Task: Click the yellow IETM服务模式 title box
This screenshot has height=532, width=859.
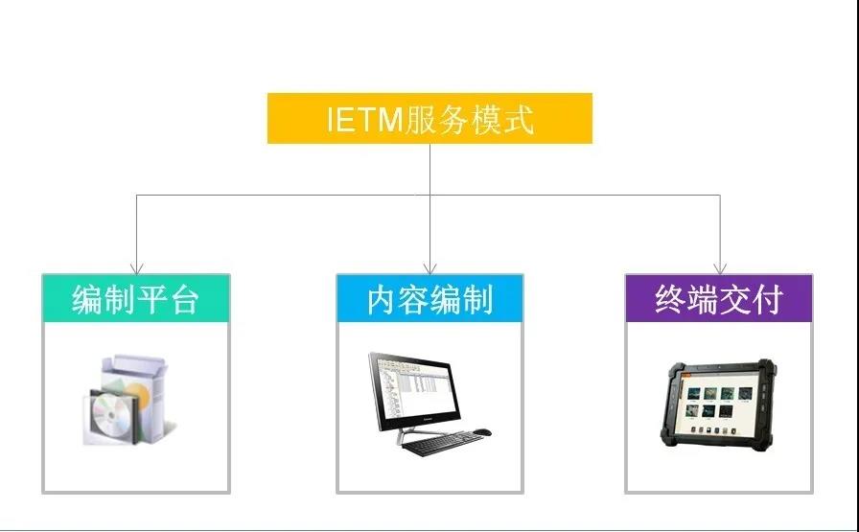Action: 429,118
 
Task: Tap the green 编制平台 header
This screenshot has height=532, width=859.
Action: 136,298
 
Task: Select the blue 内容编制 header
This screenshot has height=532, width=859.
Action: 430,298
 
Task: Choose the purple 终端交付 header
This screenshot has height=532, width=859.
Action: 719,298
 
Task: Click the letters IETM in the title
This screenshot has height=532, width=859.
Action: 365,119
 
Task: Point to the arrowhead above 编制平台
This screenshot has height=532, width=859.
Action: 136,268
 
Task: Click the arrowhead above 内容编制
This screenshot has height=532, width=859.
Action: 430,268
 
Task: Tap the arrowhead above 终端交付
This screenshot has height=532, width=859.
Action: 720,268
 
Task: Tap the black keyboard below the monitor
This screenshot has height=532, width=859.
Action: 443,443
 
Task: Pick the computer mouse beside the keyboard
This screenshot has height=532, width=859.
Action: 482,432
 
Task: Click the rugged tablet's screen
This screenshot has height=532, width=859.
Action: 719,403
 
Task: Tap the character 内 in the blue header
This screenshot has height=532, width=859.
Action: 382,300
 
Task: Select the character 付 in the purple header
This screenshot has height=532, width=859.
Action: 767,299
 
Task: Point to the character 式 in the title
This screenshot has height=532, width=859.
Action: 518,119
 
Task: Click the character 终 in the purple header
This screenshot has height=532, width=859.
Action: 670,299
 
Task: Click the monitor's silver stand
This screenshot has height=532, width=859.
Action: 416,433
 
